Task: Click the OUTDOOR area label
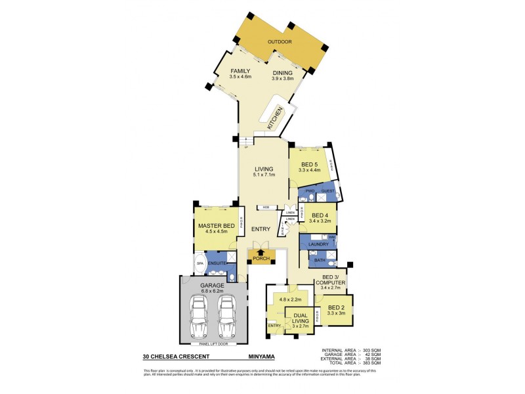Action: (x=280, y=42)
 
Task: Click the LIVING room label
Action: (x=264, y=169)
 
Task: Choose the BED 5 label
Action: (x=310, y=164)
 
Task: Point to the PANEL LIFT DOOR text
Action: (x=214, y=343)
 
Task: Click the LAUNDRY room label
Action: (x=318, y=244)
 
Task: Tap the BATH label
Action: (x=319, y=261)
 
